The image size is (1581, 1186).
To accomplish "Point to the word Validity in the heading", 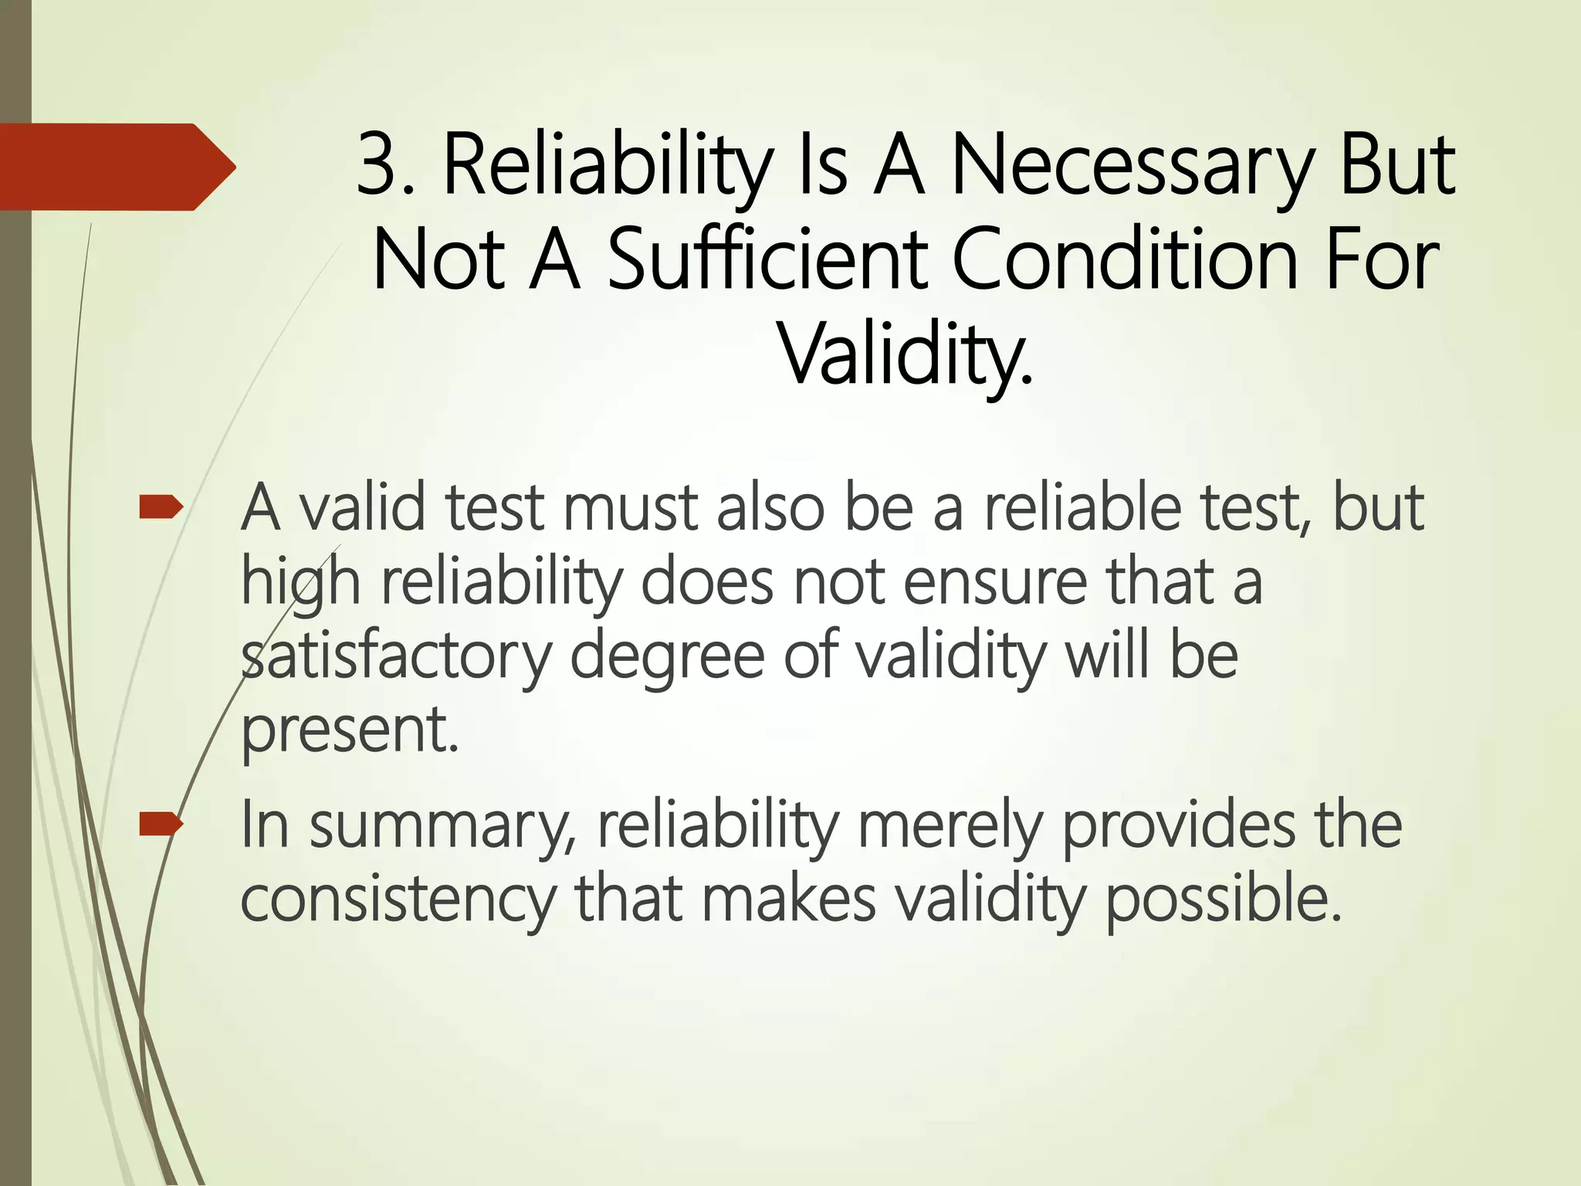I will click(905, 355).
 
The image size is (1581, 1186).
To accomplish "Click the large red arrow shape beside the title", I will click(116, 167).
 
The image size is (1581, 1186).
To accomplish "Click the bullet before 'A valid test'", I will click(161, 507).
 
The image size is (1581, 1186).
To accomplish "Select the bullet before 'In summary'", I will click(161, 825).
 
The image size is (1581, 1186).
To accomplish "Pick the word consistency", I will click(398, 900).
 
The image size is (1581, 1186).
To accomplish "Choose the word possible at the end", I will click(1224, 900).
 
